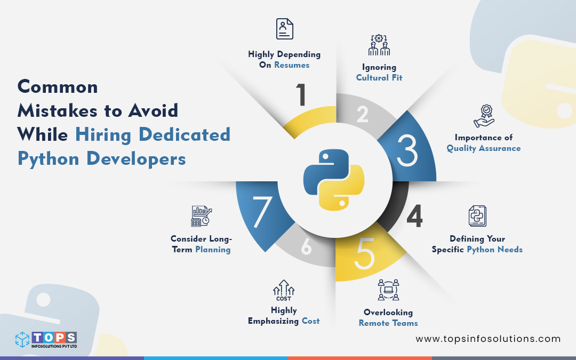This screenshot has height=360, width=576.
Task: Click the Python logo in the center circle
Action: tap(333, 180)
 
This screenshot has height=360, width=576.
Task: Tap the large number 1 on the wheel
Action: tap(302, 94)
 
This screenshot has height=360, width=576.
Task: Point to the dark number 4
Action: tap(414, 216)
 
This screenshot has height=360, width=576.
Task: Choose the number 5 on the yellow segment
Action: tap(365, 255)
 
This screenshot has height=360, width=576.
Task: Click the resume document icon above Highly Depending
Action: tap(284, 29)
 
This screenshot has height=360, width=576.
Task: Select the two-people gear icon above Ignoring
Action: tap(379, 45)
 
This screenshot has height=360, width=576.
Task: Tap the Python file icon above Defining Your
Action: tap(477, 216)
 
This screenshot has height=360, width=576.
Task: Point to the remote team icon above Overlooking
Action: tap(388, 290)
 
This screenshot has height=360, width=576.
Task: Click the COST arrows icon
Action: tap(284, 291)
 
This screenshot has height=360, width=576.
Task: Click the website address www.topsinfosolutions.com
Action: tap(488, 339)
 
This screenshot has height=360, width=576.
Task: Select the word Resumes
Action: tap(292, 65)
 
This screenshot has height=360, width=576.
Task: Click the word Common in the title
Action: tap(58, 87)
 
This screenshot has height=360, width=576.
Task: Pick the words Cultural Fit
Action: tap(379, 78)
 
